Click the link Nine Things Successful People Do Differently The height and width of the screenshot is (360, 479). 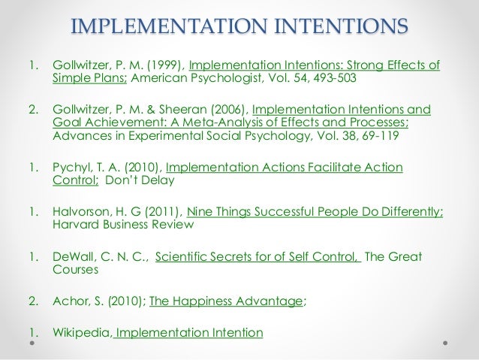pos(315,213)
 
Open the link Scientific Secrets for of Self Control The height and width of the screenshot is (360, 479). pos(258,257)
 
